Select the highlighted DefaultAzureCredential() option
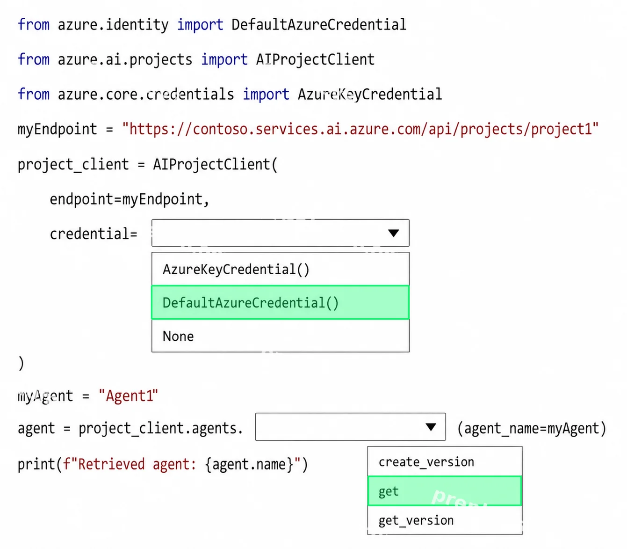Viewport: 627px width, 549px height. tap(281, 303)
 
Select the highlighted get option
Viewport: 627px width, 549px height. tap(445, 491)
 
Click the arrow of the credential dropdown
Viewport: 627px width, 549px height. tap(394, 233)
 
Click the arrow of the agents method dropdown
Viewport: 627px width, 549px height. tap(431, 427)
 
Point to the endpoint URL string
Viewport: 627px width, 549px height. tap(360, 129)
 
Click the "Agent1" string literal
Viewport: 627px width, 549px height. tap(129, 395)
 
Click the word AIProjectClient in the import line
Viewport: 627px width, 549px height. tap(315, 59)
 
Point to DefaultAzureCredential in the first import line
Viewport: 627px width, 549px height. tap(319, 24)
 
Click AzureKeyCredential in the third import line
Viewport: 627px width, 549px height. tap(370, 94)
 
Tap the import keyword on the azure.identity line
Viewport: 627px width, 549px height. tap(200, 24)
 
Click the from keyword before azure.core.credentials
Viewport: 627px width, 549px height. tap(33, 94)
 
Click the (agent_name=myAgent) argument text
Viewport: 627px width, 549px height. tap(532, 428)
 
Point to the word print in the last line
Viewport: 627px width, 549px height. tap(37, 464)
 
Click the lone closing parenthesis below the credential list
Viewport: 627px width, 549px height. tap(21, 363)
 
